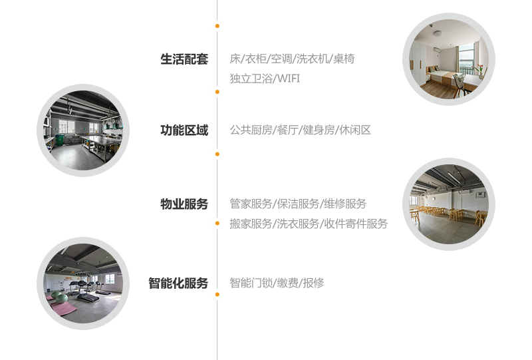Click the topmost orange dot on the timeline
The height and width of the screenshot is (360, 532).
[x=217, y=26]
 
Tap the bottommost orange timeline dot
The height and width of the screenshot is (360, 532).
[x=217, y=294]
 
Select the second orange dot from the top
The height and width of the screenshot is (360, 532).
[x=217, y=91]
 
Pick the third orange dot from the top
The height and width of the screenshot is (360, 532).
[x=217, y=154]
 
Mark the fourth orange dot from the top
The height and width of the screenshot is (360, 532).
[x=217, y=223]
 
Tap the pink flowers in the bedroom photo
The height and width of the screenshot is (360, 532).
[x=479, y=67]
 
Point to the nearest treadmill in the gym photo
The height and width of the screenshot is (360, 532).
[x=84, y=291]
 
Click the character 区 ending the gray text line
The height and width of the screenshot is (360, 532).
[x=365, y=130]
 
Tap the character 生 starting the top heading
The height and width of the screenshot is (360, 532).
[x=166, y=59]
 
